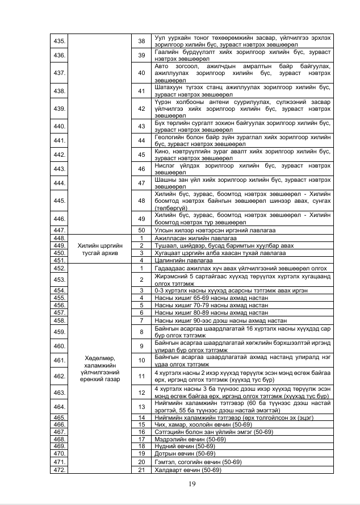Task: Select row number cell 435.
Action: click(x=58, y=41)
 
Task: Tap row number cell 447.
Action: click(x=58, y=229)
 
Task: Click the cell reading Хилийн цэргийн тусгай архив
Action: click(x=100, y=249)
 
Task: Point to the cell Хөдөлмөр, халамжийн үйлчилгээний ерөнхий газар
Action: click(x=100, y=368)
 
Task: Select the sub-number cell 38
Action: click(x=141, y=41)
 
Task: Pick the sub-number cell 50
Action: click(x=141, y=229)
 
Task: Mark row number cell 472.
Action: click(x=58, y=470)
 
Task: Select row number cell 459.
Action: click(x=58, y=332)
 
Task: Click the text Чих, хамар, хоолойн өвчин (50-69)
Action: click(x=203, y=424)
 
